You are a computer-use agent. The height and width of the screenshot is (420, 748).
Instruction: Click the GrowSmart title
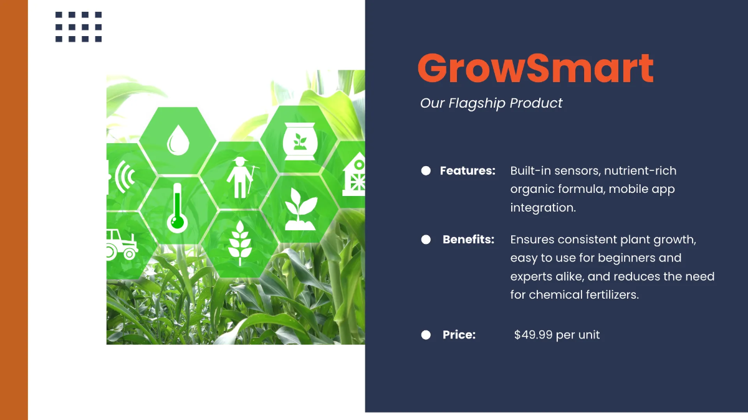pyautogui.click(x=535, y=68)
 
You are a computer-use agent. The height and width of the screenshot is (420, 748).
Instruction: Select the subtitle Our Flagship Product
pyautogui.click(x=491, y=103)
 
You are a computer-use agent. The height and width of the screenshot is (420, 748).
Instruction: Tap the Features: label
pyautogui.click(x=467, y=170)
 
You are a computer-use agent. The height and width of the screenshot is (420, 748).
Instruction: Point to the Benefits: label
pyautogui.click(x=468, y=240)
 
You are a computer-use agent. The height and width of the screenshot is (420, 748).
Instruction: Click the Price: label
pyautogui.click(x=459, y=335)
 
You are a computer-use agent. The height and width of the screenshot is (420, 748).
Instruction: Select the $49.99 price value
pyautogui.click(x=557, y=335)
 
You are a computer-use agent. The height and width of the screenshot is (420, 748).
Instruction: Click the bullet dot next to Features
pyautogui.click(x=426, y=170)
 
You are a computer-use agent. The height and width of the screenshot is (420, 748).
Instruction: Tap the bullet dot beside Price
pyautogui.click(x=426, y=335)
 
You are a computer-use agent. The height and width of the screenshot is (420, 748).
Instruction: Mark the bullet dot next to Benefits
pyautogui.click(x=426, y=240)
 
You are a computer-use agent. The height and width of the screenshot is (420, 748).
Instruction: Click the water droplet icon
pyautogui.click(x=178, y=141)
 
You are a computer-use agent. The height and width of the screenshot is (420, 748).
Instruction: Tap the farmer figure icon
pyautogui.click(x=239, y=177)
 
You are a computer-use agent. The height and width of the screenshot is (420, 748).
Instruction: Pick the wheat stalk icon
pyautogui.click(x=239, y=243)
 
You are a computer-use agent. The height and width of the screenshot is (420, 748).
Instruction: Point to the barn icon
pyautogui.click(x=354, y=174)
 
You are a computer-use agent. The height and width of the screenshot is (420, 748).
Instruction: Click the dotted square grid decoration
pyautogui.click(x=79, y=27)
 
